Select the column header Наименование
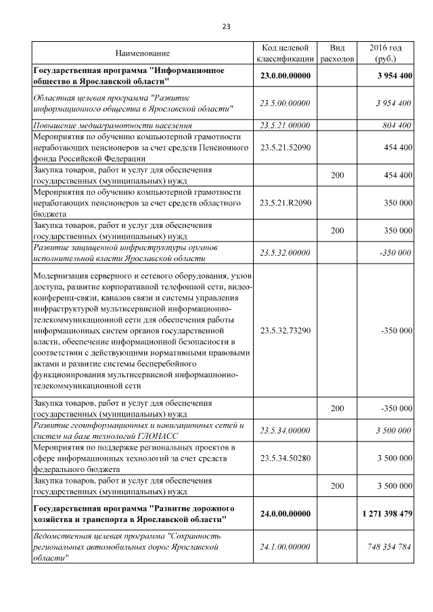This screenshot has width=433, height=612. pyautogui.click(x=142, y=53)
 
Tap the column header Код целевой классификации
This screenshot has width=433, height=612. pyautogui.click(x=285, y=53)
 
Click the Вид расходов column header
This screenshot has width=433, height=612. pyautogui.click(x=337, y=53)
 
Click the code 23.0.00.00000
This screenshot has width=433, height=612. pyautogui.click(x=285, y=76)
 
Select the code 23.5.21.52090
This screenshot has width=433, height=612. pyautogui.click(x=285, y=147)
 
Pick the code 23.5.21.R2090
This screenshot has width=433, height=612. pyautogui.click(x=285, y=202)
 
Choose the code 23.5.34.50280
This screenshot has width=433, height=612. pyautogui.click(x=285, y=458)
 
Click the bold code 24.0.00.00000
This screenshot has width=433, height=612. pyautogui.click(x=285, y=514)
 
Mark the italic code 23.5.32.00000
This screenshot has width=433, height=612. pyautogui.click(x=285, y=253)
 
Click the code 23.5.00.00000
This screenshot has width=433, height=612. pyautogui.click(x=285, y=103)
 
